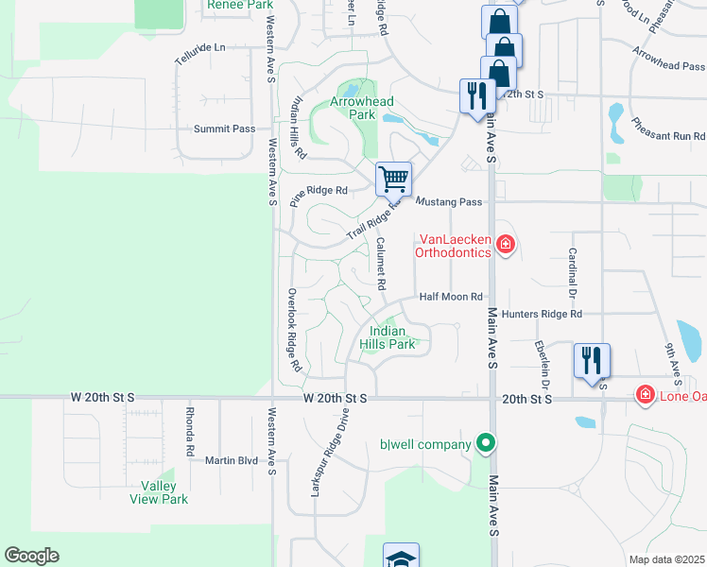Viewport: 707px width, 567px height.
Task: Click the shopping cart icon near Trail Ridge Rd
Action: (x=393, y=179)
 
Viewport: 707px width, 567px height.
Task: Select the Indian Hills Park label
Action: (x=388, y=337)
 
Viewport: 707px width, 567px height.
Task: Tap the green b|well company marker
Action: (x=486, y=442)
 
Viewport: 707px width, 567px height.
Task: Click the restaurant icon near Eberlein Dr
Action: (x=592, y=362)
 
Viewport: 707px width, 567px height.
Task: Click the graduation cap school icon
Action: (x=401, y=558)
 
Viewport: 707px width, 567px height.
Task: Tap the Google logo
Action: (x=31, y=556)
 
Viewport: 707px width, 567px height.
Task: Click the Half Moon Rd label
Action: (x=452, y=297)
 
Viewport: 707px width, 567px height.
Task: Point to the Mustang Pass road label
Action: (x=450, y=202)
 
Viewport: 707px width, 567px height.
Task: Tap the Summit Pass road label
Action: (x=224, y=129)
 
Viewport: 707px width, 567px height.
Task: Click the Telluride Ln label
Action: (x=200, y=47)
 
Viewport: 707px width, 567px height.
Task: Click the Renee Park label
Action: (x=239, y=6)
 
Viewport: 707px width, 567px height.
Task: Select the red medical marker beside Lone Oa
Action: (x=646, y=393)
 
